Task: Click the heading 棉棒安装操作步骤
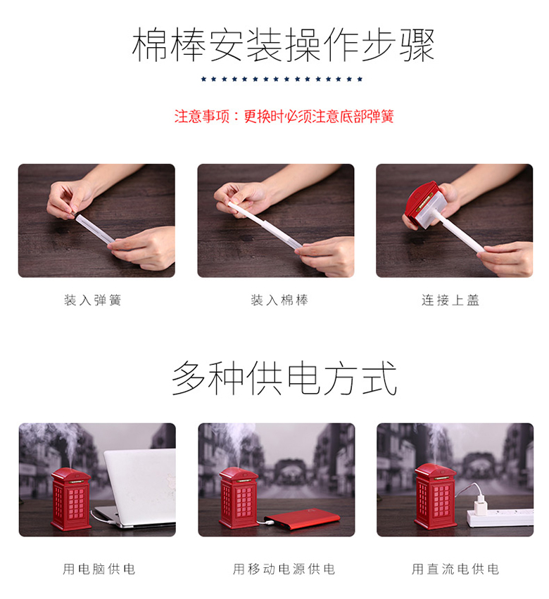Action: tap(283, 45)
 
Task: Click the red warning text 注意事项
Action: tap(201, 116)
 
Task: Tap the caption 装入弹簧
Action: tap(93, 300)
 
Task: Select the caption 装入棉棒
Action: tap(279, 300)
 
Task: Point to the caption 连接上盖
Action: tap(450, 300)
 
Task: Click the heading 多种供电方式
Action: tap(284, 378)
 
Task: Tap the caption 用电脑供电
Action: tap(99, 569)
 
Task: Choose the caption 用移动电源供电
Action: tap(284, 569)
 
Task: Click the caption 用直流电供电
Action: tap(455, 569)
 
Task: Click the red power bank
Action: tap(302, 518)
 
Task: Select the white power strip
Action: tap(500, 517)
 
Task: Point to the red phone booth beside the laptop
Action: tap(71, 499)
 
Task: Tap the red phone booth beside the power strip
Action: tap(436, 496)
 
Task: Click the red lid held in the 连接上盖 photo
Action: tap(419, 202)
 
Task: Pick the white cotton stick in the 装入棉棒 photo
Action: tap(264, 226)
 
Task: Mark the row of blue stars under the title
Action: tap(282, 79)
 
